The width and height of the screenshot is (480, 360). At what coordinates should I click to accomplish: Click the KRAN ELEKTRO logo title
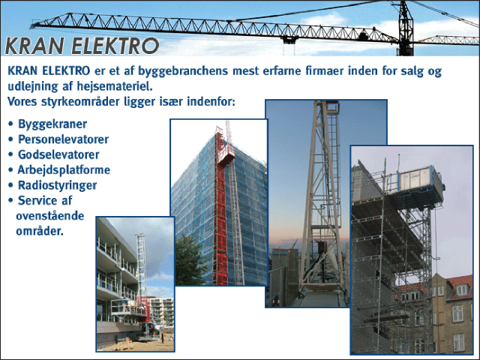82,46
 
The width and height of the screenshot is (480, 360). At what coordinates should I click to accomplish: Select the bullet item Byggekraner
52,124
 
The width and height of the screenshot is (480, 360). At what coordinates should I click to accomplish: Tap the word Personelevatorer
63,139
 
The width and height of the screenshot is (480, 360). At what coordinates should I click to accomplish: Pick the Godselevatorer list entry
58,154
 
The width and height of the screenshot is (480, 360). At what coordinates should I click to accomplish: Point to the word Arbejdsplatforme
64,170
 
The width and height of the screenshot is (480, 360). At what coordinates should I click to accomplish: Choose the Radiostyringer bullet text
58,185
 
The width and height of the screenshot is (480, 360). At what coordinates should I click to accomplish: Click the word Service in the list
38,200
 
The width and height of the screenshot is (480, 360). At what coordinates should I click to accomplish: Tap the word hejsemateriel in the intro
115,86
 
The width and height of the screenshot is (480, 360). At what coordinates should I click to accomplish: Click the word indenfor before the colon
211,101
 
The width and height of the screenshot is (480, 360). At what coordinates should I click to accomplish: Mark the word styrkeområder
80,102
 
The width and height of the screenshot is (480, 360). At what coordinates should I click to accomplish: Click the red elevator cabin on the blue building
226,152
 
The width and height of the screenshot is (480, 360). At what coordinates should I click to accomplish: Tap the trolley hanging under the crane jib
289,40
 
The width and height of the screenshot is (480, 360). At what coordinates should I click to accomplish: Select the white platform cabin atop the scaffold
420,179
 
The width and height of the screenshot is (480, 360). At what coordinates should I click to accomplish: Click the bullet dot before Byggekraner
11,124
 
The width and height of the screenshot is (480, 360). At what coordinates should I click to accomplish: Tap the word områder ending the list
40,231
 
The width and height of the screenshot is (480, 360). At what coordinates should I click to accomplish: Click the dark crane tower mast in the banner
406,28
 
